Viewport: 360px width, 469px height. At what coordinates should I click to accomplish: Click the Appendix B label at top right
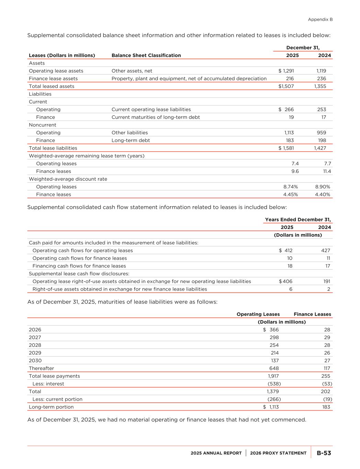click(320, 20)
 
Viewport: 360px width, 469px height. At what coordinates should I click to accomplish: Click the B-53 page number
click(324, 453)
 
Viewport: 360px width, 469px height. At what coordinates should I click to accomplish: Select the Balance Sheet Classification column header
click(146, 55)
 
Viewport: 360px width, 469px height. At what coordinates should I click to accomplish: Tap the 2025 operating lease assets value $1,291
click(286, 71)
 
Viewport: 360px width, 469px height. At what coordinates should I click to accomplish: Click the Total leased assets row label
click(52, 86)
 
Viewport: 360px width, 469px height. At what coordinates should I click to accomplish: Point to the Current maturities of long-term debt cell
click(156, 117)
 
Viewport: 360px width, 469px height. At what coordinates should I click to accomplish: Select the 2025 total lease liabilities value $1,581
click(286, 148)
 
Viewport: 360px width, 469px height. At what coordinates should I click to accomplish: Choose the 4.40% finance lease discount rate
click(323, 194)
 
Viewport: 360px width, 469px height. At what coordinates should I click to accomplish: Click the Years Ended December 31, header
click(298, 220)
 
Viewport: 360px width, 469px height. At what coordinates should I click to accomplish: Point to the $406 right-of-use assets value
click(286, 281)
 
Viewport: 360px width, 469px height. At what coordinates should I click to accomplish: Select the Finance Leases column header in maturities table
click(312, 314)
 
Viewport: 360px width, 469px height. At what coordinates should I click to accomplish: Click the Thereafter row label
click(41, 368)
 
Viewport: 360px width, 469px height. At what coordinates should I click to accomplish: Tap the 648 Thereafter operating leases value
click(274, 368)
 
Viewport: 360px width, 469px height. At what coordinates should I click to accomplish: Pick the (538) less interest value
click(274, 384)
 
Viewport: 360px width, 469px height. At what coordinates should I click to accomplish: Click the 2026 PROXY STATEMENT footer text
click(278, 453)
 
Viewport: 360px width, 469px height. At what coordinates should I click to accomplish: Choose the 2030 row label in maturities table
click(35, 360)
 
